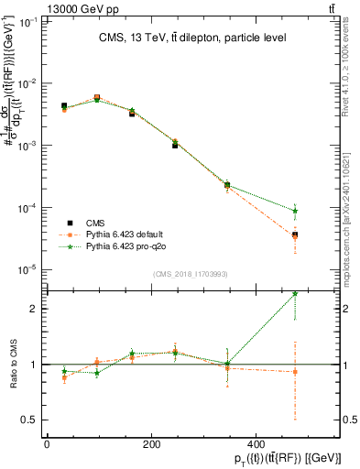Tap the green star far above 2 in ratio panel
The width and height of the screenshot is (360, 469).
pyautogui.click(x=295, y=293)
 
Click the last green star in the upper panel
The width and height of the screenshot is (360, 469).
pyautogui.click(x=295, y=211)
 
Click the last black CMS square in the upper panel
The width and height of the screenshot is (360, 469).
pyautogui.click(x=295, y=235)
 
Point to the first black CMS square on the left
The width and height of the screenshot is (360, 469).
pyautogui.click(x=63, y=106)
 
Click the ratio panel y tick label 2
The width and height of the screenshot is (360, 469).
pyautogui.click(x=34, y=309)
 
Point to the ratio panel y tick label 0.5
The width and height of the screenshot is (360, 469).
pyautogui.click(x=30, y=420)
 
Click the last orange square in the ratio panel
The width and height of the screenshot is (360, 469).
pyautogui.click(x=295, y=372)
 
